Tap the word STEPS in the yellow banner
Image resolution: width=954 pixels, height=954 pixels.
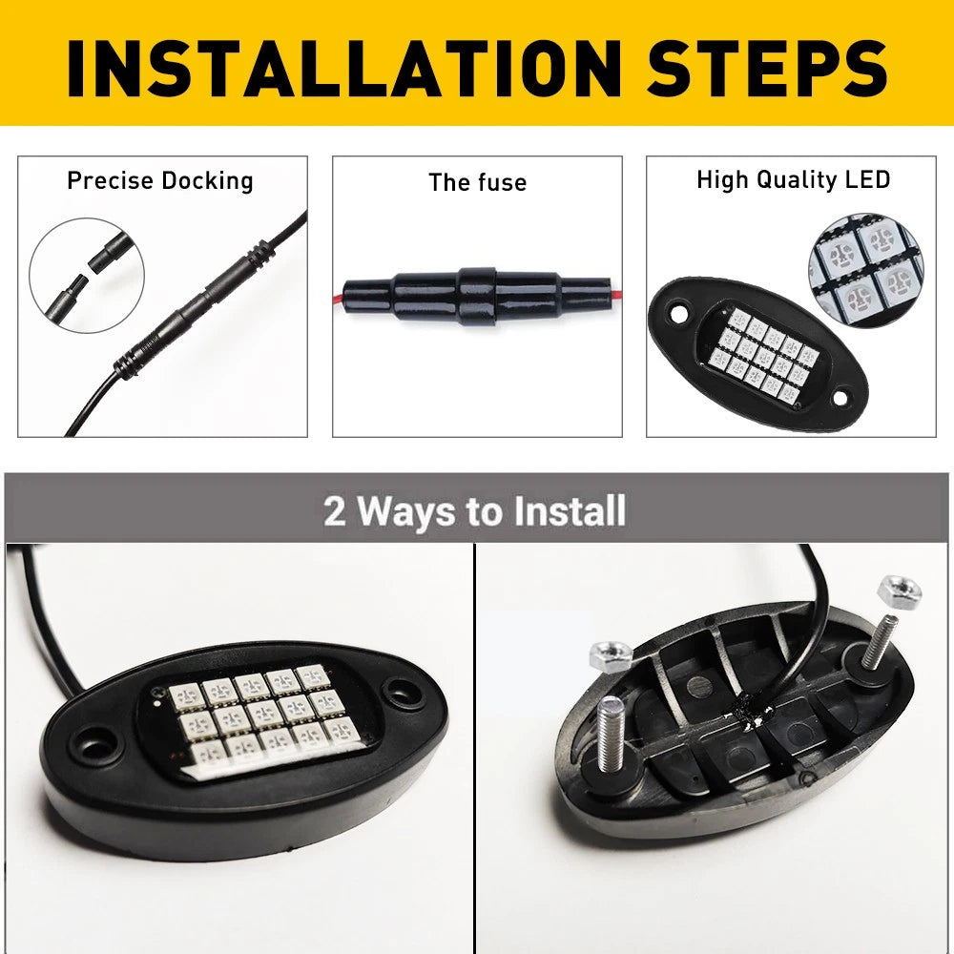(768, 68)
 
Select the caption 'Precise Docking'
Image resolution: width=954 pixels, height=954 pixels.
(160, 181)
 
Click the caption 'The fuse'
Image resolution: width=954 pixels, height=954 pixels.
(478, 182)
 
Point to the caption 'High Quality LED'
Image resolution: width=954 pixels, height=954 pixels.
(794, 180)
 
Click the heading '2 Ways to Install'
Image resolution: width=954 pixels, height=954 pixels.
(474, 510)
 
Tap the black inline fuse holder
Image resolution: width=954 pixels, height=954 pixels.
(477, 295)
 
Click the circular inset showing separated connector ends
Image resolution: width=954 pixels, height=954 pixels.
(87, 276)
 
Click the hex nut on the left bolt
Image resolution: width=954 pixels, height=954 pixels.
(611, 657)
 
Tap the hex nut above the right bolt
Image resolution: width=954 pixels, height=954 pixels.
(900, 590)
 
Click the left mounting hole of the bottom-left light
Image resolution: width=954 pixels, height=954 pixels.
(98, 746)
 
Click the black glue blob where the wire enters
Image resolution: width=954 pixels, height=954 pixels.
(749, 711)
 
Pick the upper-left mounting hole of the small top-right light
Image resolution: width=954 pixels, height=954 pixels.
(678, 315)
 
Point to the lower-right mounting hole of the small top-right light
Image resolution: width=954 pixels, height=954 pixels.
(840, 399)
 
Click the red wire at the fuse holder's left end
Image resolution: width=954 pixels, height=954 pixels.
(339, 298)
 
